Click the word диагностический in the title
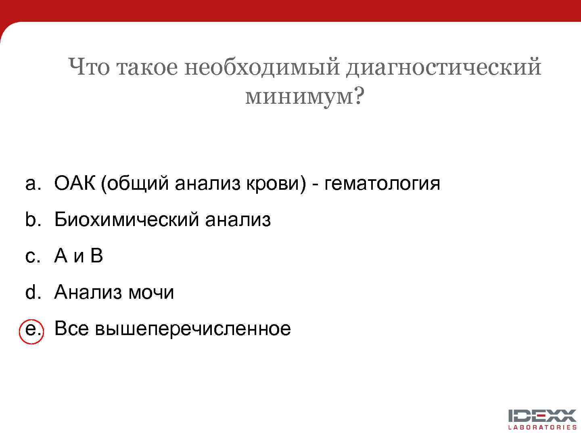443,67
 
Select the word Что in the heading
89,67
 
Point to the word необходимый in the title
262,67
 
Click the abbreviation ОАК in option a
75,184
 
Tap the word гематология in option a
382,184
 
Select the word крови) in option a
276,184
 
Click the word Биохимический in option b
127,220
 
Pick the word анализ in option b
238,220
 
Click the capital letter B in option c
97,256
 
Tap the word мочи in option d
151,292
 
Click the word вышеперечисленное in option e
193,329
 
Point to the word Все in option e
71,329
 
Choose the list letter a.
32,184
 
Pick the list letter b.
32,220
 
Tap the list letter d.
32,292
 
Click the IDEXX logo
542,416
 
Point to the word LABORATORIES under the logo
542,427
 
